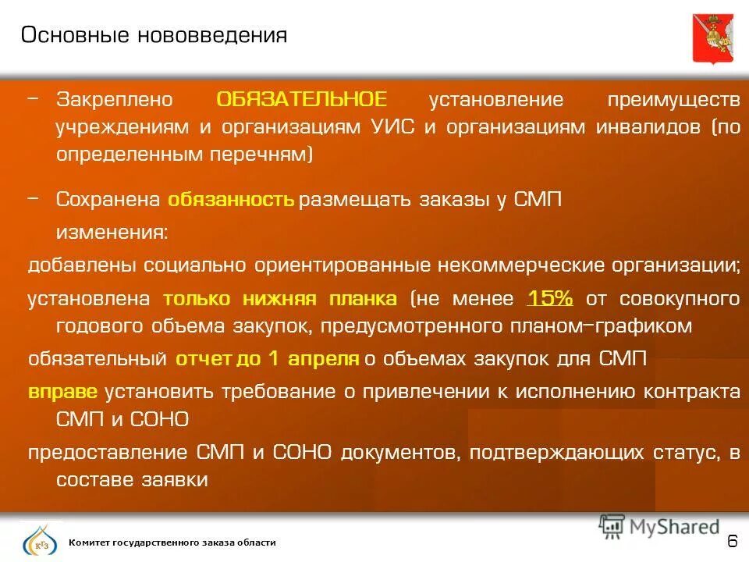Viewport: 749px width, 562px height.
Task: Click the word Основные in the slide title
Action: click(76, 35)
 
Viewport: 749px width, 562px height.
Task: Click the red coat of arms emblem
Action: click(712, 37)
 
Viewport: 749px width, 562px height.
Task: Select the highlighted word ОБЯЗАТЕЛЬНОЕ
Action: click(301, 100)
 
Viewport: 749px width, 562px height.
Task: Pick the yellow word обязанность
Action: click(231, 199)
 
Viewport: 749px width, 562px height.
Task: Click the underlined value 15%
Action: click(551, 299)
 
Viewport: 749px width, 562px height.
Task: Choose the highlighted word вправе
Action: click(63, 391)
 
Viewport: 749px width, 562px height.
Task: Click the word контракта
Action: click(693, 391)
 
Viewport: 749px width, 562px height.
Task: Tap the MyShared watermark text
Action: click(671, 527)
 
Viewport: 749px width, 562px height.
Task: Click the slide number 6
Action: click(732, 541)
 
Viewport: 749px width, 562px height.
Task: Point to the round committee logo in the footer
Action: click(39, 541)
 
